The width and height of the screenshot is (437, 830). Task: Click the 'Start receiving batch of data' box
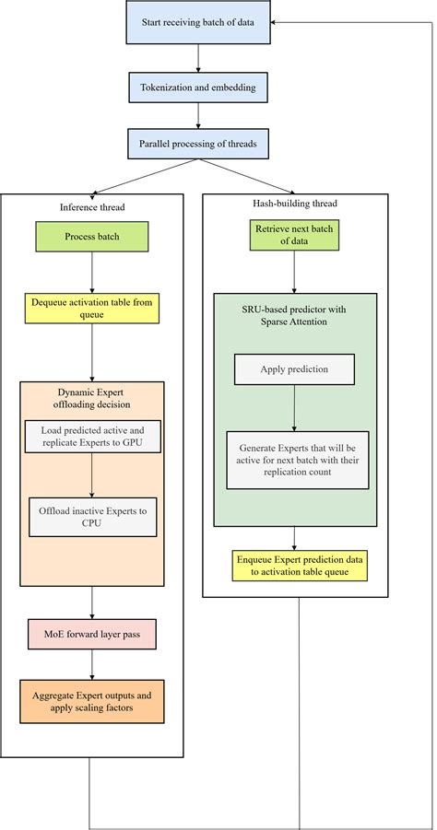pyautogui.click(x=197, y=22)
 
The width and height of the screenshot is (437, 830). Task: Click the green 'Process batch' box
pyautogui.click(x=91, y=237)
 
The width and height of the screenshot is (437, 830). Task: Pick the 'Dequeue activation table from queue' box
pyautogui.click(x=91, y=308)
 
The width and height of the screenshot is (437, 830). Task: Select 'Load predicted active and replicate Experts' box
pyautogui.click(x=92, y=438)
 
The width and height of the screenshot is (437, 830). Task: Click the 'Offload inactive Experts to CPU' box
pyautogui.click(x=92, y=518)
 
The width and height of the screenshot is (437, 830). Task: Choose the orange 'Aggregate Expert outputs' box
pyautogui.click(x=91, y=702)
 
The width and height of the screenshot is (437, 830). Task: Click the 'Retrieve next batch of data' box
pyautogui.click(x=294, y=237)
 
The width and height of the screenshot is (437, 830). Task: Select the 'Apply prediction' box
pyautogui.click(x=294, y=368)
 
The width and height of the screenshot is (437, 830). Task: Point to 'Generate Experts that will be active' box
pyautogui.click(x=297, y=460)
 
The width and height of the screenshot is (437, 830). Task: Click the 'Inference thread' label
pyautogui.click(x=90, y=206)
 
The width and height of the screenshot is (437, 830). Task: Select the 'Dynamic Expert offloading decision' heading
pyautogui.click(x=91, y=397)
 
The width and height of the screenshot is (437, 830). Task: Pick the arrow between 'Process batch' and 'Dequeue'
pyautogui.click(x=91, y=273)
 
